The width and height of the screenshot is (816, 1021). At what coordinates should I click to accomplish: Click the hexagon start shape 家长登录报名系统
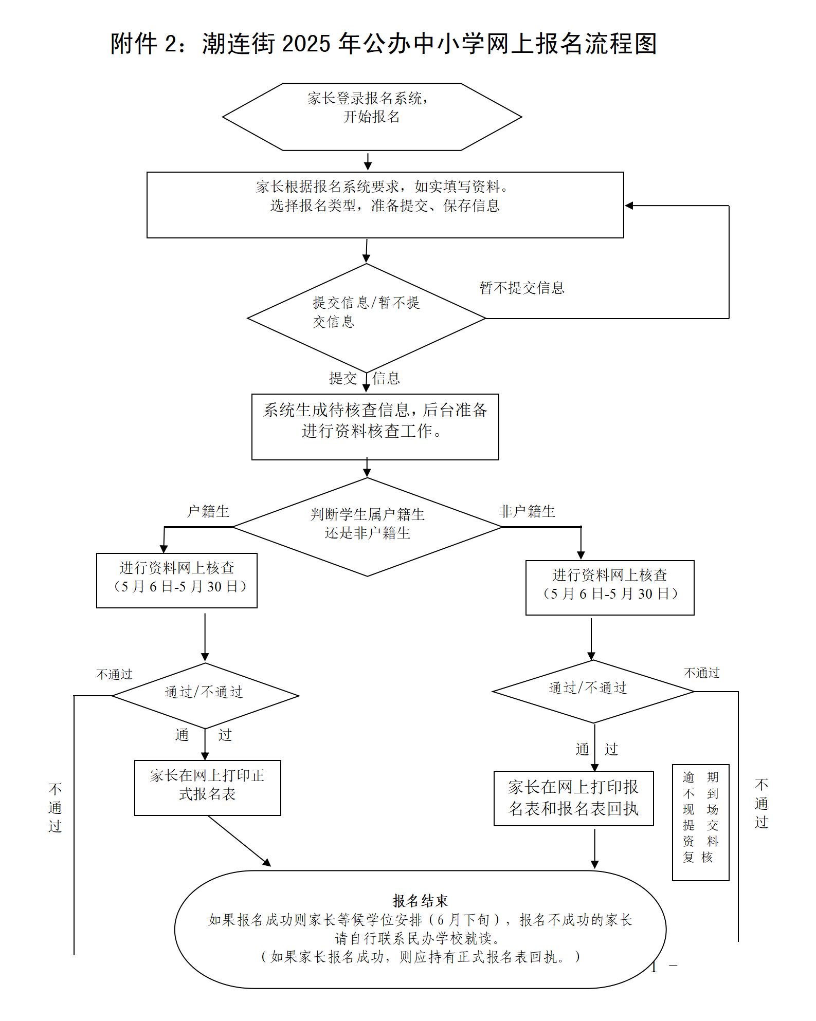372,117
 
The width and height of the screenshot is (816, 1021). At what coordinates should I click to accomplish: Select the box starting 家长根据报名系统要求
385,205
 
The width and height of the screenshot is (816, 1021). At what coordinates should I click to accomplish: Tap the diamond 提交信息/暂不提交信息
367,318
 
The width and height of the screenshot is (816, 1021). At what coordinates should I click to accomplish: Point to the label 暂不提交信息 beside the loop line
522,288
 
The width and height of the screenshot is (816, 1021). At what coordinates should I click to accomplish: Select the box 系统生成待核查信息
375,426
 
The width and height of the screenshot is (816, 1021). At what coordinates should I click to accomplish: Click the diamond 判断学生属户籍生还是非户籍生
367,527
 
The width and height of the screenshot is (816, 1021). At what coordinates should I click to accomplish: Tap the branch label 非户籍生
527,511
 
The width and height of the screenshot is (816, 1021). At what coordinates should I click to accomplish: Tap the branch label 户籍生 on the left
208,511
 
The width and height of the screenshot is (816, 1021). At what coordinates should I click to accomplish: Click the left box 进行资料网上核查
177,580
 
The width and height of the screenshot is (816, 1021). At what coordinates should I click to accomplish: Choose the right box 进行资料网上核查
610,587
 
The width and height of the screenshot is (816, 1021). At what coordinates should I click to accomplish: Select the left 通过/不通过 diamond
205,696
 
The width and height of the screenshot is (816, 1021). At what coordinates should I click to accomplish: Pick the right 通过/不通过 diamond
592,691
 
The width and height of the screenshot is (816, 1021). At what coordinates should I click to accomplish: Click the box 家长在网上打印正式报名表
208,787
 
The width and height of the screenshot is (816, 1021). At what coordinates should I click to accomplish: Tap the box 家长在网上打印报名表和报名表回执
573,798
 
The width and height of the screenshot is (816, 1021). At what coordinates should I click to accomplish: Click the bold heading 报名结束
420,901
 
